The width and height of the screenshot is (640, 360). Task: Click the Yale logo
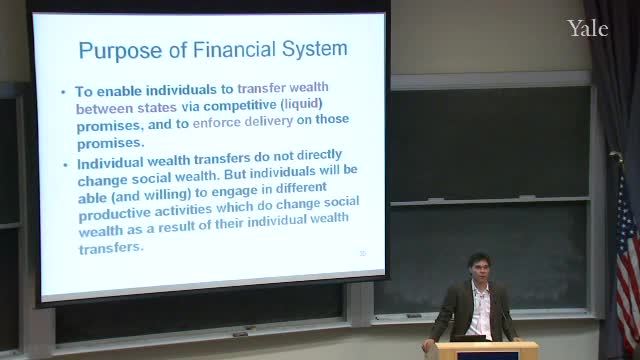tap(588, 28)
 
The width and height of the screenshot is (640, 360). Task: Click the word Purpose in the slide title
tap(120, 51)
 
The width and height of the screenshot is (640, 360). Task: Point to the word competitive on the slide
tap(240, 105)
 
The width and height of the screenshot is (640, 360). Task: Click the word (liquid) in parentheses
tap(302, 104)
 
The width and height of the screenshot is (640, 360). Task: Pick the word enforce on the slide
tap(216, 123)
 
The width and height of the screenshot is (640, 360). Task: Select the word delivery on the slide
tap(269, 121)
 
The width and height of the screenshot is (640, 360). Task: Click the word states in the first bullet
tap(157, 108)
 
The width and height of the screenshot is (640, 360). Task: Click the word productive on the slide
tap(115, 213)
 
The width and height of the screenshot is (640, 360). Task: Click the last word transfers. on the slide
tap(111, 248)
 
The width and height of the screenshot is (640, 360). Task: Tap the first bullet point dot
tap(63, 93)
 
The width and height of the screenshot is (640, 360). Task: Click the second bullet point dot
tap(65, 165)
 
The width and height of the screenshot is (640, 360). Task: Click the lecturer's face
tap(478, 269)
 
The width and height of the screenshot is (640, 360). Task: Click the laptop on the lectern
tap(469, 338)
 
